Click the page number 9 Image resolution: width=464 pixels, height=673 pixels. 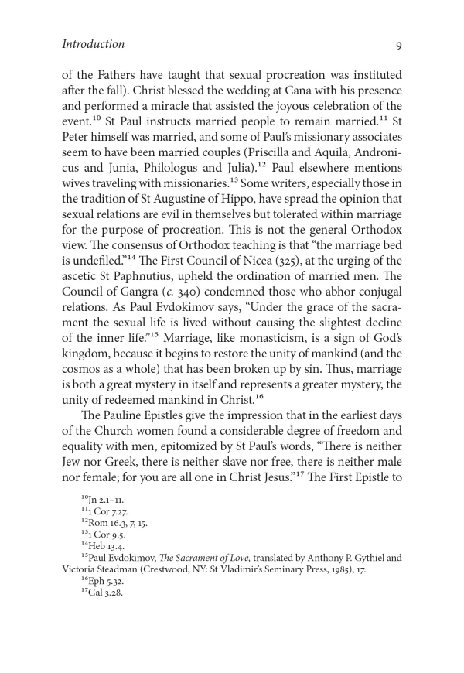pos(398,45)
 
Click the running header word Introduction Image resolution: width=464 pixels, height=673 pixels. pos(93,44)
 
